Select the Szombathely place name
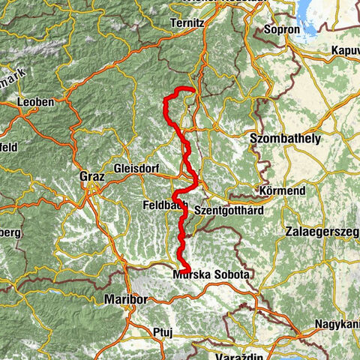pyautogui.click(x=284, y=139)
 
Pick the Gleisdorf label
pyautogui.click(x=138, y=169)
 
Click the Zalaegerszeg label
pyautogui.click(x=320, y=232)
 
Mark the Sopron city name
pyautogui.click(x=283, y=31)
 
